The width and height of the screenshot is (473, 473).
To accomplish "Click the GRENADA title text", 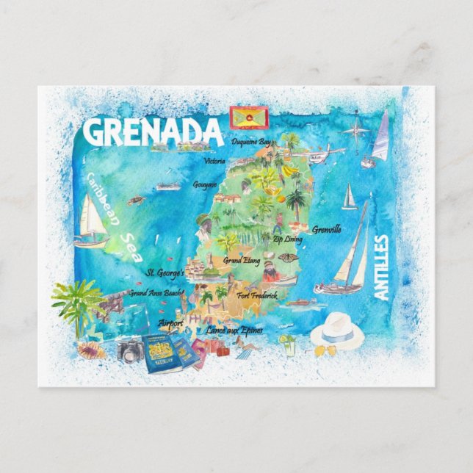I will point(152,131).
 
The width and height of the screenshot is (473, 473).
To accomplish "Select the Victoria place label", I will point(214,161).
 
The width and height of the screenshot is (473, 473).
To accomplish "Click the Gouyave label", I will point(206,185).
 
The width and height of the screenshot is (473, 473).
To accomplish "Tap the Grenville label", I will point(326,229).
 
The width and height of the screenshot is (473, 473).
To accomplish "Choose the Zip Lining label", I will point(287,239).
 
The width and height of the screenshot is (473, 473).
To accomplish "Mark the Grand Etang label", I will point(242,260).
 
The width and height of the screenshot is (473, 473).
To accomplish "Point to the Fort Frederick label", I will point(257,295).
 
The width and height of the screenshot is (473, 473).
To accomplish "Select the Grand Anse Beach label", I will point(156,292).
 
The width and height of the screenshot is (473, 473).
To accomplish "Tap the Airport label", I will point(170,322).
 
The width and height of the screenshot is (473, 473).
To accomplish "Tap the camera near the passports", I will point(130,351).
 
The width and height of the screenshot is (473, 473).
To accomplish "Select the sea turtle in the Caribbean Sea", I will point(135,200).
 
